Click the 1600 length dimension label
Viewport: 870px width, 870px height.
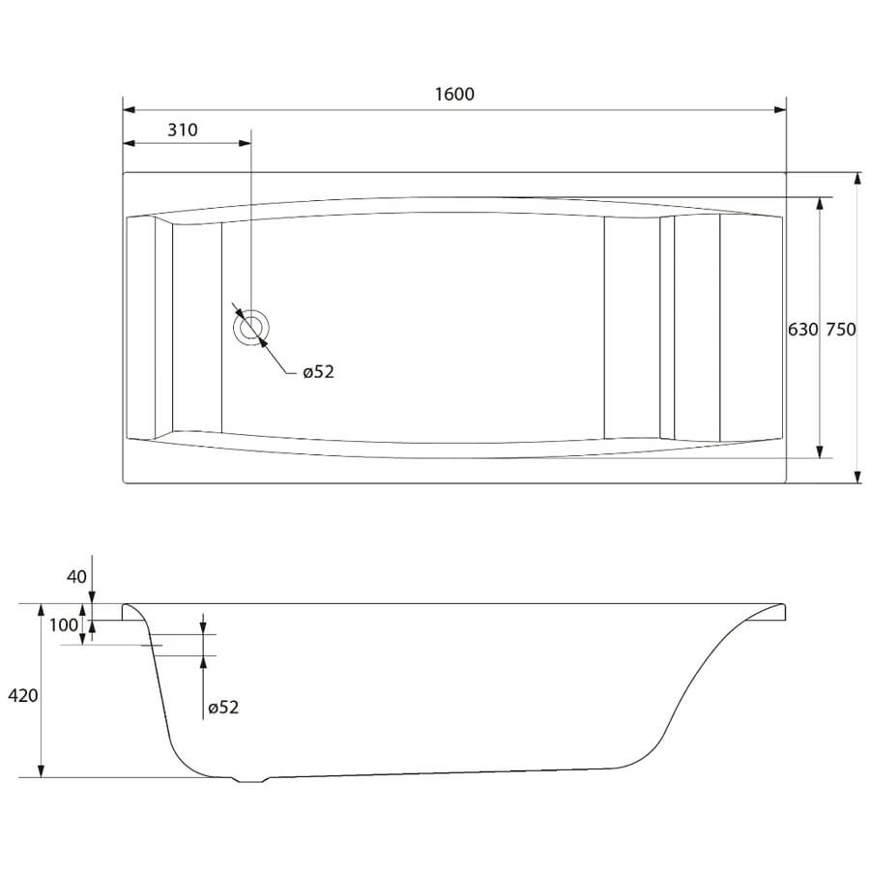(x=454, y=94)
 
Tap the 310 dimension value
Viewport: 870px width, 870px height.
(x=183, y=130)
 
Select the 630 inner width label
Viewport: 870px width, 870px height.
(x=803, y=330)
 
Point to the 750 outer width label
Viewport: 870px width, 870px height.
(x=841, y=330)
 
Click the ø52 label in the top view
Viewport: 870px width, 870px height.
(x=318, y=372)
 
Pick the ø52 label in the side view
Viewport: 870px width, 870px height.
(x=223, y=707)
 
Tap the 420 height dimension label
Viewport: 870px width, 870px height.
(x=23, y=695)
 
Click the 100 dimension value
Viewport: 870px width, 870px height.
(x=64, y=625)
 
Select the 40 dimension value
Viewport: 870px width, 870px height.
(x=76, y=577)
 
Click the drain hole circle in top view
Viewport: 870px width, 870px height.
(x=250, y=328)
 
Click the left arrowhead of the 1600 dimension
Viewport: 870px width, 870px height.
(x=130, y=110)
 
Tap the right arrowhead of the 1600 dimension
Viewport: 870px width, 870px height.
(x=780, y=110)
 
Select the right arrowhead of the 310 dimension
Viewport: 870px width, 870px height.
(x=245, y=143)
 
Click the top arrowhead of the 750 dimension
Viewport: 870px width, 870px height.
(x=857, y=179)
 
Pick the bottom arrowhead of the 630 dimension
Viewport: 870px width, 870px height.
(x=820, y=451)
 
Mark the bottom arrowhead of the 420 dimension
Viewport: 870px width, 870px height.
(x=41, y=771)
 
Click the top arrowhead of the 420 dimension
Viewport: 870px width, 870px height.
(x=41, y=610)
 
